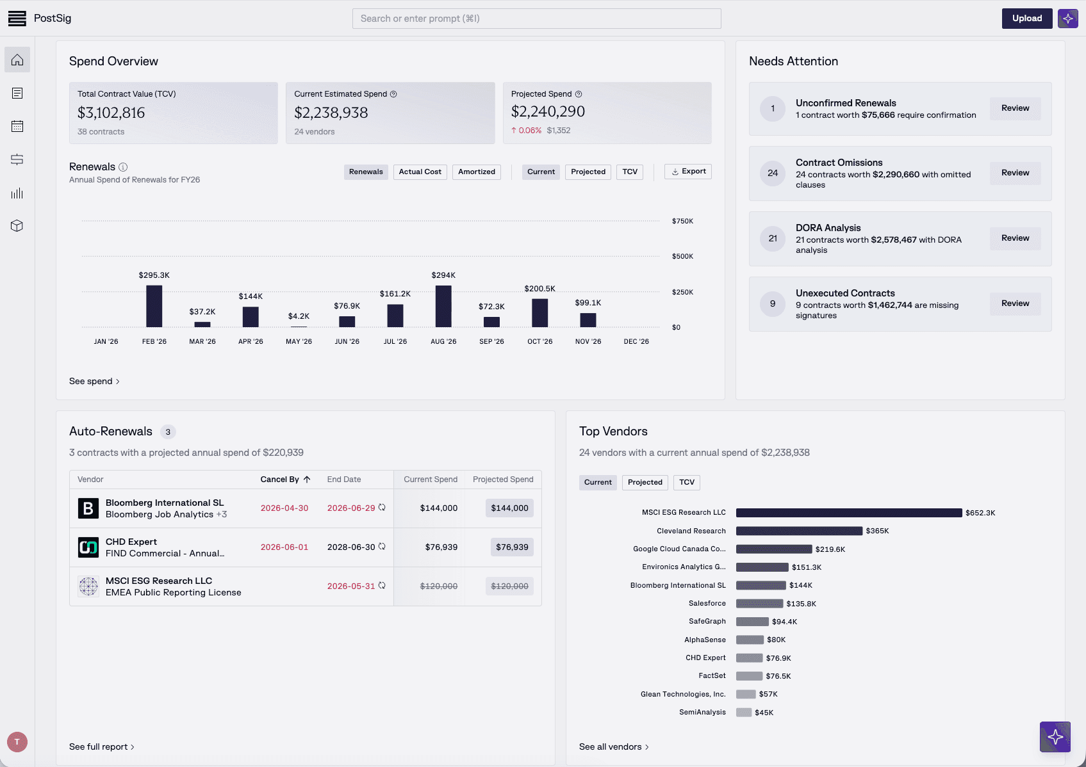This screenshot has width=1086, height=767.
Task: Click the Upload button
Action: [1026, 19]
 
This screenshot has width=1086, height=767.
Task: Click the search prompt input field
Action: [536, 19]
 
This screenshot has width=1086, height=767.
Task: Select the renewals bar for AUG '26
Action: [443, 306]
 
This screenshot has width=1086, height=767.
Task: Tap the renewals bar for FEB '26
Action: [154, 306]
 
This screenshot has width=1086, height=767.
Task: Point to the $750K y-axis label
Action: [682, 221]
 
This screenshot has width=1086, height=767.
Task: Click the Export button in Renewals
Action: [688, 172]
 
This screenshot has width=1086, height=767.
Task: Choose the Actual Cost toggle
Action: [420, 172]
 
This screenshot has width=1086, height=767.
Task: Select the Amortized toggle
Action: [476, 172]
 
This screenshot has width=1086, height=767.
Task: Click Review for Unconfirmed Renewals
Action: [1015, 108]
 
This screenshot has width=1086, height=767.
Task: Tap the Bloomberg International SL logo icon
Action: [88, 508]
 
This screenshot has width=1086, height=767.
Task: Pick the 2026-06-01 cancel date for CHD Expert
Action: [284, 547]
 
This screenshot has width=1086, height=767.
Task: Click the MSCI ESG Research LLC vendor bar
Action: [848, 513]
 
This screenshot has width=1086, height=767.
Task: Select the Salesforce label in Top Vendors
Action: [707, 603]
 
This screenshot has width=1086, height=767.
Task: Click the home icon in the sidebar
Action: [17, 60]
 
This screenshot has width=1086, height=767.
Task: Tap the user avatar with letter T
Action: [17, 742]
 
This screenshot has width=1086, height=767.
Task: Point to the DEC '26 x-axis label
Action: [636, 342]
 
